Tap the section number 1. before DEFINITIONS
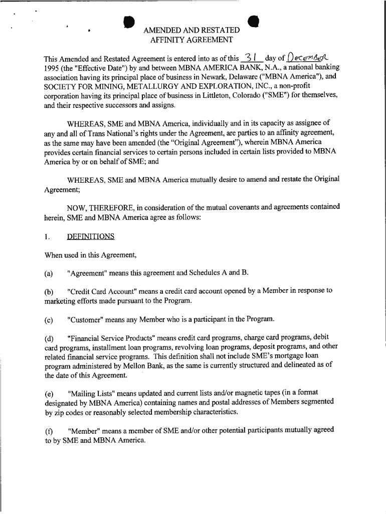[x=47, y=236]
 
